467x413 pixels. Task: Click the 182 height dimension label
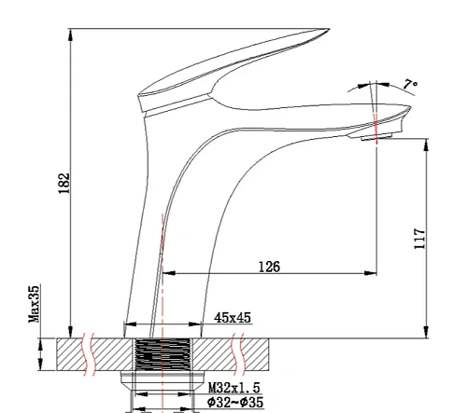point(64,183)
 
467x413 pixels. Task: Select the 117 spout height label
point(419,239)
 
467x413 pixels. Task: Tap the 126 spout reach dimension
point(269,267)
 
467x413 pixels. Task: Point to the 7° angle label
point(410,84)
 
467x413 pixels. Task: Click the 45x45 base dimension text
point(233,318)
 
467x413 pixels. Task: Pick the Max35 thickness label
point(35,304)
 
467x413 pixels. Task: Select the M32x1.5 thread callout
point(233,388)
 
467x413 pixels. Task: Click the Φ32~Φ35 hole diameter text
point(235,402)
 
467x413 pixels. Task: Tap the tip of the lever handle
point(329,29)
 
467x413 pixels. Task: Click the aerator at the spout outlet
point(376,136)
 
